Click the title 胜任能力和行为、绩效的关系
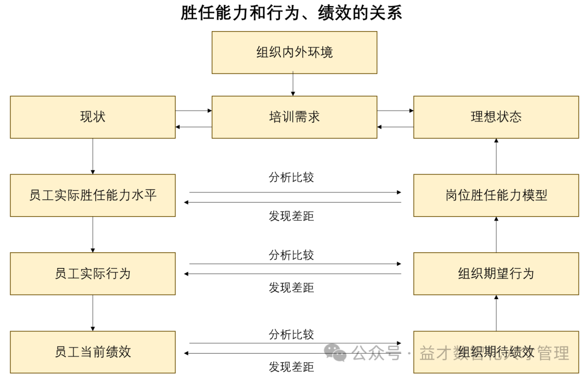(291, 13)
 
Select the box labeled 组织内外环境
(294, 52)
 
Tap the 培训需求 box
(294, 117)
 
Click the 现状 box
(93, 117)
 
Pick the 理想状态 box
(496, 117)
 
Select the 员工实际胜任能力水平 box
(93, 195)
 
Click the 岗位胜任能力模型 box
(496, 195)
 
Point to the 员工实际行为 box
(93, 273)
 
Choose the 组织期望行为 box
(496, 273)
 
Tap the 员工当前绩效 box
(93, 352)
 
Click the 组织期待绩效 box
(496, 352)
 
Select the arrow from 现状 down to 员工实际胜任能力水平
(93, 156)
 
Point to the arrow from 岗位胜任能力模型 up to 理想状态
(496, 156)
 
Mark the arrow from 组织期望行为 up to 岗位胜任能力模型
(496, 234)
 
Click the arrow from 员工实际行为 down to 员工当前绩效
(93, 313)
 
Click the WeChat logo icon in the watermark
(336, 353)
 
